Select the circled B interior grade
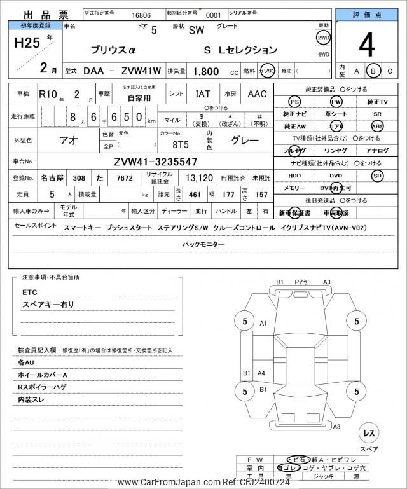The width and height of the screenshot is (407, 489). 374,71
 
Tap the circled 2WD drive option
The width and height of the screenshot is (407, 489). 323,37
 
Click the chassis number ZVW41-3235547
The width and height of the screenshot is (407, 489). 156,162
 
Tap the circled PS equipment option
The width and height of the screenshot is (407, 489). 294,102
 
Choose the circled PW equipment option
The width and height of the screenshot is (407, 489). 336,102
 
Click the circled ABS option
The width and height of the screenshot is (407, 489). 377,127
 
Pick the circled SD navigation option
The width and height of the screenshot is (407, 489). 377,175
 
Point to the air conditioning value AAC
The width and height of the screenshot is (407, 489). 257,94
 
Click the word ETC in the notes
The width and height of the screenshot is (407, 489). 30,292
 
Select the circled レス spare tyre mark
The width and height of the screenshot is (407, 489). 368,432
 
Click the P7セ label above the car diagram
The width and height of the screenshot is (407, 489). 301,282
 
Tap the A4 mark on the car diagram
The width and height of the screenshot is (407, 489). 261,373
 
